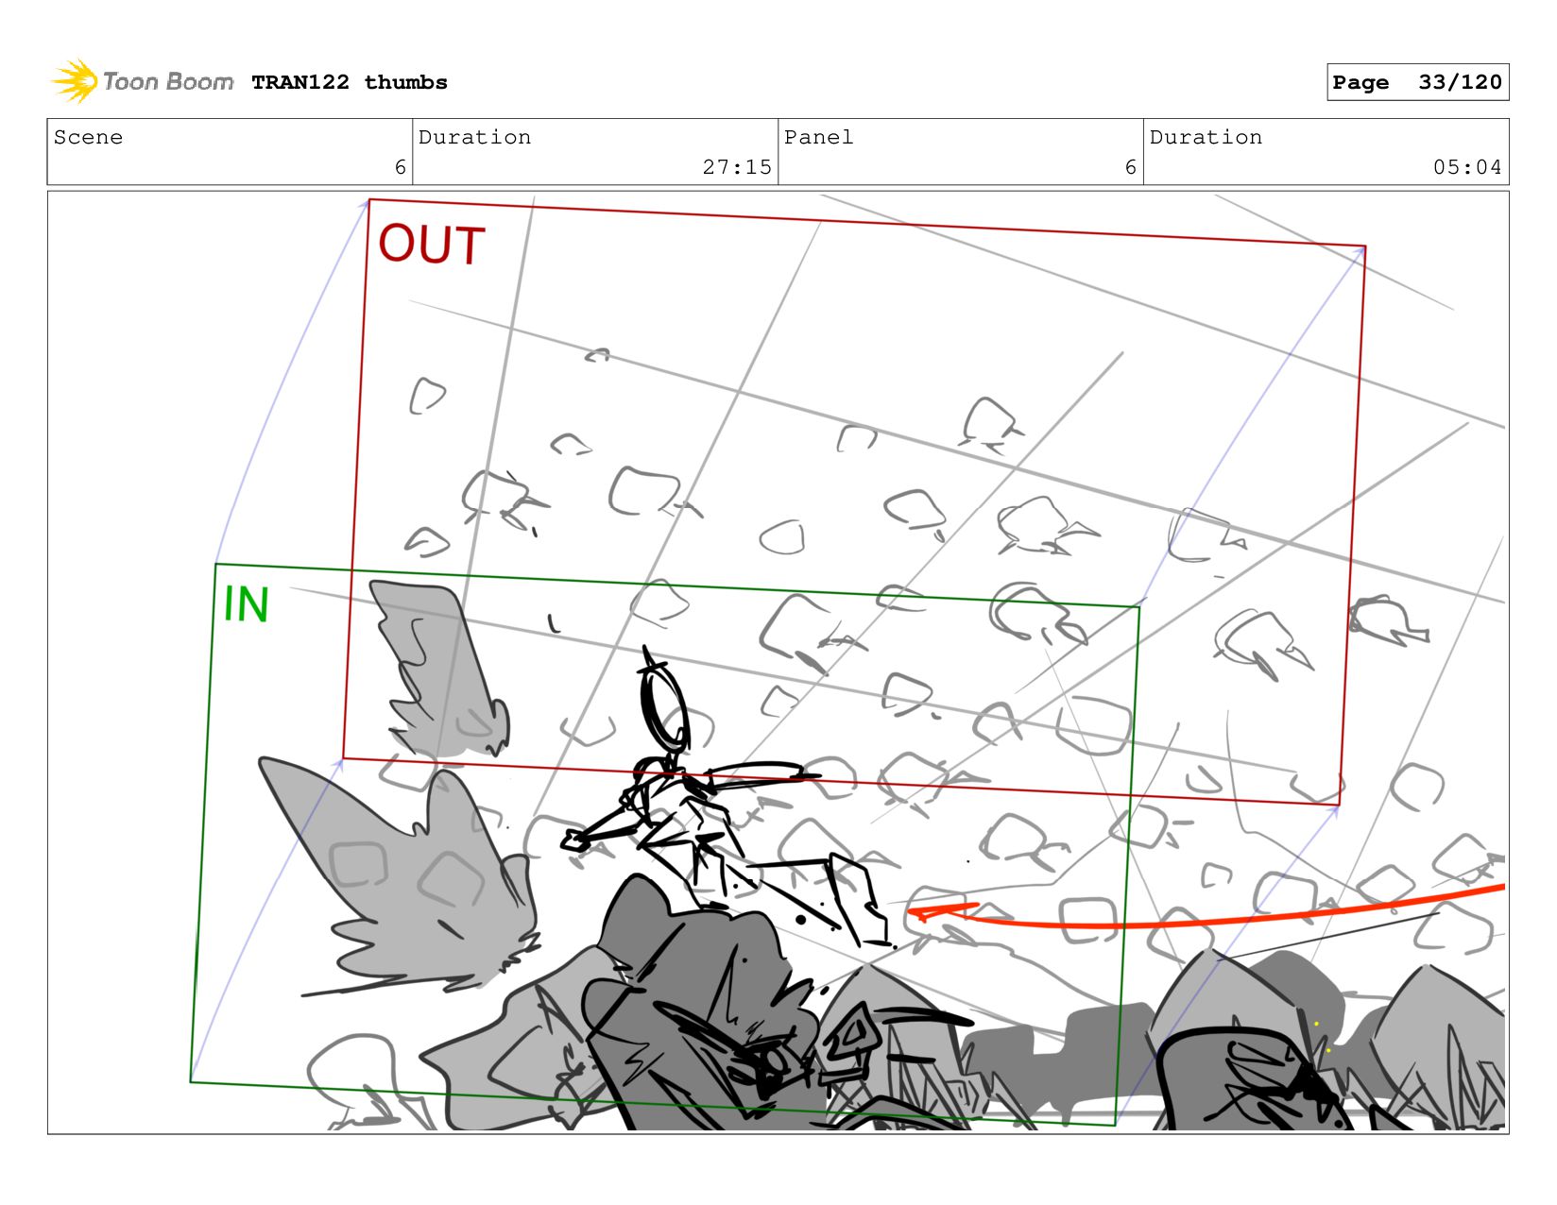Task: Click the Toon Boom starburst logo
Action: coord(75,81)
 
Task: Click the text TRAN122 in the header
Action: coord(300,82)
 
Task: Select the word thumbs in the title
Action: coord(405,82)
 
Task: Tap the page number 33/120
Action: coord(1460,82)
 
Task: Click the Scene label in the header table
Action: coord(88,137)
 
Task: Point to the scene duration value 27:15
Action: coord(737,167)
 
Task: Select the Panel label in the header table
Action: coord(818,137)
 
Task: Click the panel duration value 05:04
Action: coord(1466,167)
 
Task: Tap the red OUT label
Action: coord(432,245)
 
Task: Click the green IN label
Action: coord(246,604)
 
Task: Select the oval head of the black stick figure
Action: coord(664,706)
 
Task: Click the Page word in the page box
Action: coord(1360,83)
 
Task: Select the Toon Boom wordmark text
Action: coord(167,81)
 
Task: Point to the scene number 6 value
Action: coord(400,167)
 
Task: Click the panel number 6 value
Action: coord(1130,167)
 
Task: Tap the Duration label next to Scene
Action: coord(474,137)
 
